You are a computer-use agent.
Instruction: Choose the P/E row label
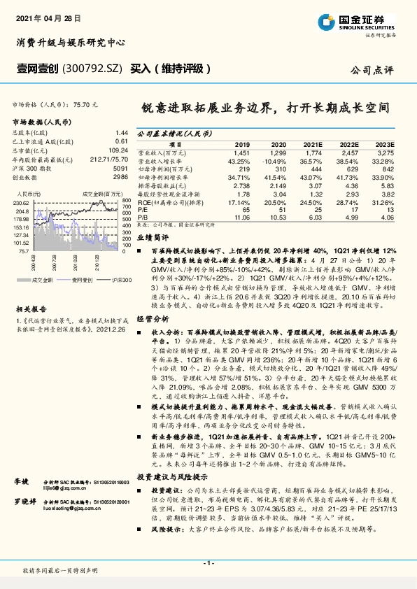(x=141, y=210)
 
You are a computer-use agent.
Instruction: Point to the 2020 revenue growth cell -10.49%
(x=274, y=161)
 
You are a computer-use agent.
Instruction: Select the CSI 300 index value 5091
(x=120, y=169)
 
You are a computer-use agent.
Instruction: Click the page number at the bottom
(x=208, y=562)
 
